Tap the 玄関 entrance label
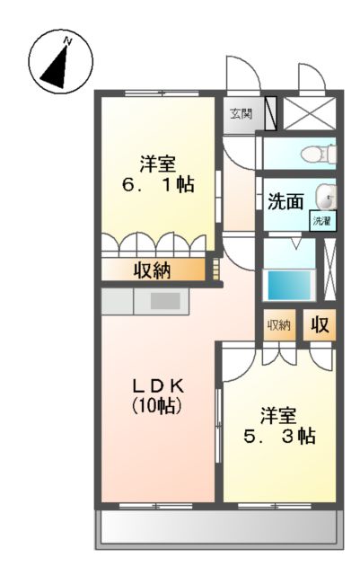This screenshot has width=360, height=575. (239, 114)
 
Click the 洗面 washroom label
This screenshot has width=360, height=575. (285, 201)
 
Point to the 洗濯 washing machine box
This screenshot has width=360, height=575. (321, 220)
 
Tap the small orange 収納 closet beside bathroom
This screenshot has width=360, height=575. (279, 324)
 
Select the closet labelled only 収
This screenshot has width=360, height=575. (320, 324)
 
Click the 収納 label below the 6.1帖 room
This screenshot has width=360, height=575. (152, 270)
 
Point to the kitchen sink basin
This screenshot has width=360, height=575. (163, 302)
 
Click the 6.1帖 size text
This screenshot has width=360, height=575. (158, 185)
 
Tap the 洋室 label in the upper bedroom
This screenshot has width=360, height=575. (157, 164)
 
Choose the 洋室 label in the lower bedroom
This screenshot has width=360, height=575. (278, 415)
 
